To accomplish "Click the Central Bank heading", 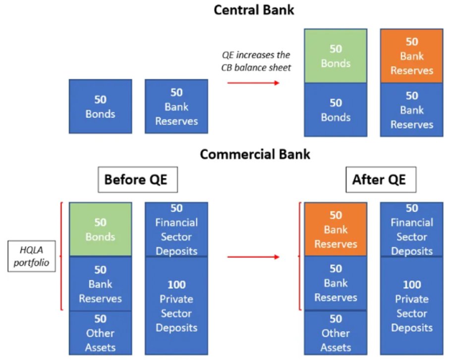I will [254, 9].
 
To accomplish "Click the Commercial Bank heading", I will [255, 154].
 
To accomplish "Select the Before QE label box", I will [135, 180].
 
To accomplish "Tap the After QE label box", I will [379, 180].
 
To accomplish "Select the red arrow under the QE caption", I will [253, 82].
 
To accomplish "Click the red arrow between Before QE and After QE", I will [253, 257].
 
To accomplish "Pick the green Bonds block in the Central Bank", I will [336, 56].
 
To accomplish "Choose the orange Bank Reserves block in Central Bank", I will [411, 56].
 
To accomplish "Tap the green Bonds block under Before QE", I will [100, 229].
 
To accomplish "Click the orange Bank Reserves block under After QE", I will [336, 229].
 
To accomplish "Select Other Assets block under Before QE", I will [100, 333].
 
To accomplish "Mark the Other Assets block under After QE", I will [336, 333].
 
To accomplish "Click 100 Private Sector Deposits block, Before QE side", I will [176, 306].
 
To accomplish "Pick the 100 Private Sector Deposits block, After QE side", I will [411, 306].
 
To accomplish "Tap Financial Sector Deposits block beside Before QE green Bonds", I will [176, 229].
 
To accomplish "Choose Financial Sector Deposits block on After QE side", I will [411, 229].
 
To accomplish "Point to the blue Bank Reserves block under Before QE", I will [100, 284].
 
